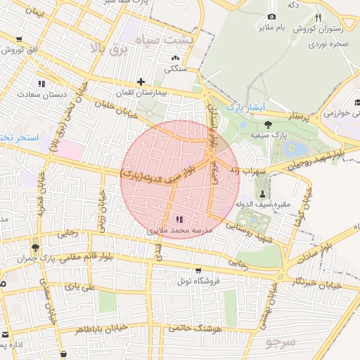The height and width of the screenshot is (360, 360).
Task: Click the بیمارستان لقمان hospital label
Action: coord(141,93)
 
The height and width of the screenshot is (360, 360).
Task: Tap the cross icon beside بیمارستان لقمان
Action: coord(141,82)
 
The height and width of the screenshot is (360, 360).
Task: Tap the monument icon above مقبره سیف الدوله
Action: coord(262,193)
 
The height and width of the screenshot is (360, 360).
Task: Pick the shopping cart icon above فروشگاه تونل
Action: coord(198,270)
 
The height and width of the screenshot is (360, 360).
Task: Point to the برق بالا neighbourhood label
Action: coord(111,49)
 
